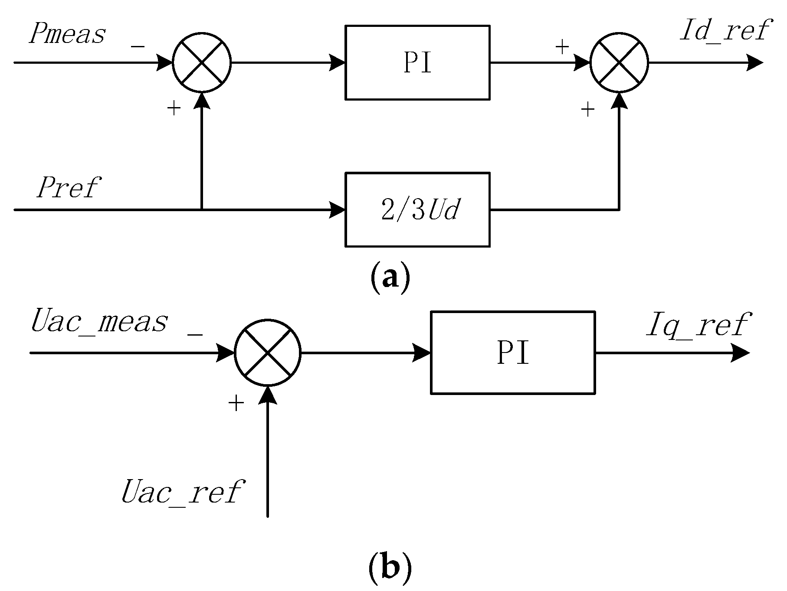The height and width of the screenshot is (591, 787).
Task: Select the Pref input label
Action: (x=69, y=187)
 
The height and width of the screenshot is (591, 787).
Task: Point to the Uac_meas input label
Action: (x=99, y=322)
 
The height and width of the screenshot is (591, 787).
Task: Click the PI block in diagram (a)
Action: (x=417, y=63)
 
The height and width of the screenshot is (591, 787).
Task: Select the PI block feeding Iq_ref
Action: (x=512, y=353)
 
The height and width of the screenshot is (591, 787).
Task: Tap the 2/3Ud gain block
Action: (x=417, y=210)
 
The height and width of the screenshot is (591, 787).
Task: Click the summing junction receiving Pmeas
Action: (x=202, y=63)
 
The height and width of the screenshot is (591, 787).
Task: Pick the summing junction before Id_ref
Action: (x=619, y=63)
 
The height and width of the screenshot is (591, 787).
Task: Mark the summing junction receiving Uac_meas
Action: (x=268, y=353)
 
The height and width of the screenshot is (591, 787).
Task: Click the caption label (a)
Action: (x=390, y=278)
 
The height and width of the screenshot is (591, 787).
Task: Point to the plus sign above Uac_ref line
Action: (x=236, y=404)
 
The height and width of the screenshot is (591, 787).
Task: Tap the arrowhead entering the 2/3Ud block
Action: (x=338, y=210)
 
